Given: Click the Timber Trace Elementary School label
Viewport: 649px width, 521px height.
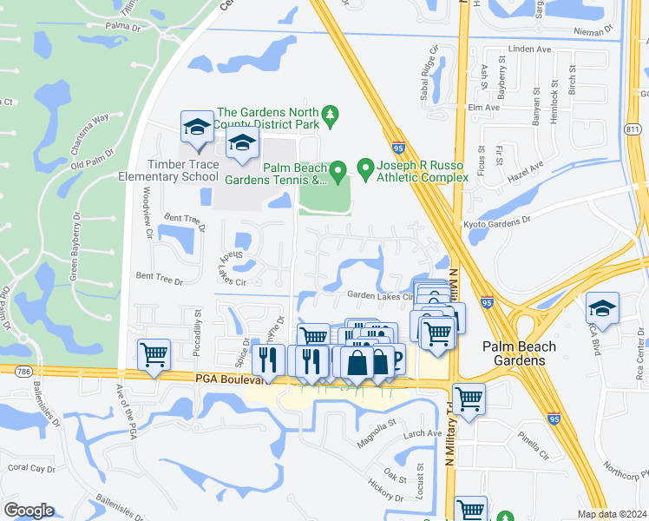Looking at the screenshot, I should tap(170, 170).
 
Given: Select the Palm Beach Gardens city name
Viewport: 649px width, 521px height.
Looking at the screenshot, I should tap(520, 353).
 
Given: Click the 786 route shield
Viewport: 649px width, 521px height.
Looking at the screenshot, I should tap(18, 372).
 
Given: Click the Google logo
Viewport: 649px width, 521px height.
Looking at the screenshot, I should tap(29, 510).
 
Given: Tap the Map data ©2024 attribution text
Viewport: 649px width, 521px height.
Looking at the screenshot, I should tap(612, 514).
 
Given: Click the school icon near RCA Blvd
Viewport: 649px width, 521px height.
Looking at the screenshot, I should tap(601, 308).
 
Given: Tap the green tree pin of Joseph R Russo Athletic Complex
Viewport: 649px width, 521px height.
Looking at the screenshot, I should tap(365, 167).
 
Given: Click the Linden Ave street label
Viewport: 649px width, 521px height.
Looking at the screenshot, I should tap(531, 49).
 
